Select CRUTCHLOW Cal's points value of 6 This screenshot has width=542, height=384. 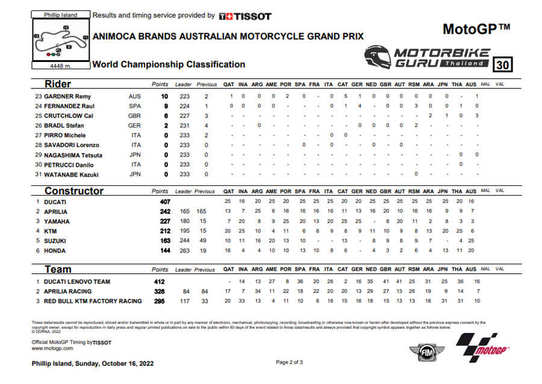click(164, 116)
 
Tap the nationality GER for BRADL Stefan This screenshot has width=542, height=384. click(134, 126)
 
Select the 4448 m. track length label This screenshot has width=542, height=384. click(60, 66)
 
